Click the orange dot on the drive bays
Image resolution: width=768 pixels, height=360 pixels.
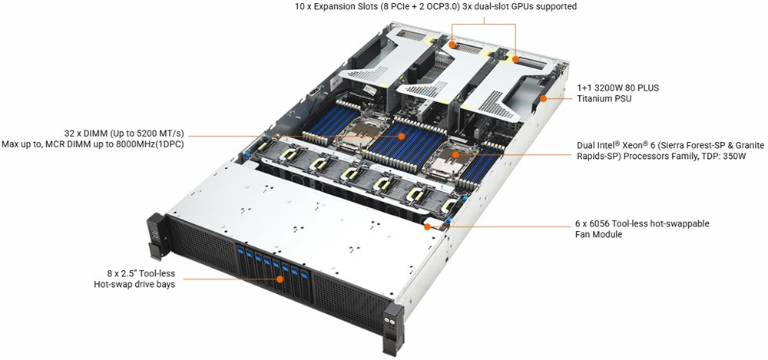280,279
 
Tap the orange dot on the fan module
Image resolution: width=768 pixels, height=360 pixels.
427,226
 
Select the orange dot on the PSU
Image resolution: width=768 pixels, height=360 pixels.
543,98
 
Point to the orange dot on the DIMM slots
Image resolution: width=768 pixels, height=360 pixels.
401,137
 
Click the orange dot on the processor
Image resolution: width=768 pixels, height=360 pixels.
455,155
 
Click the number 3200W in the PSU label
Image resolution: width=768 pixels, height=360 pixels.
607,88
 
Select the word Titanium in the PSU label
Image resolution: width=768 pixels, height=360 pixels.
594,98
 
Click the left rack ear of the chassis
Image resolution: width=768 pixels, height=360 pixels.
155,237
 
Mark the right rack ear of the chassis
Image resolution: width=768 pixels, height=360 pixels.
393,329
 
